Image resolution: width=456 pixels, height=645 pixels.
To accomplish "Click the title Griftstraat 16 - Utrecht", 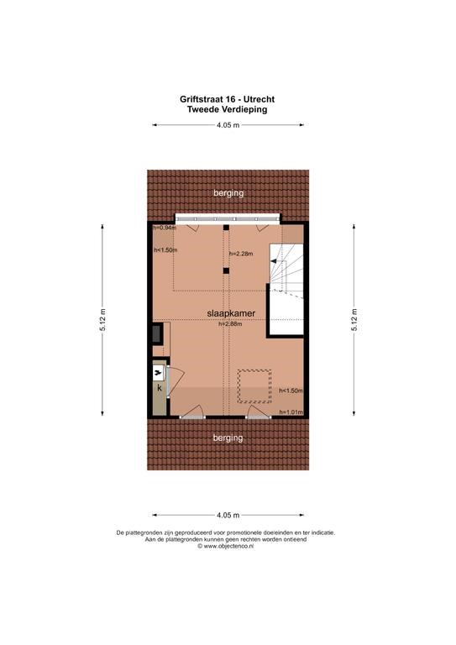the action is click(x=227, y=99).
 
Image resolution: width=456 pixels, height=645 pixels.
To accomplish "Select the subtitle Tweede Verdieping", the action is click(x=227, y=109).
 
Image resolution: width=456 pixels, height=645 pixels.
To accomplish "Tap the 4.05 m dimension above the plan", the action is click(x=228, y=125).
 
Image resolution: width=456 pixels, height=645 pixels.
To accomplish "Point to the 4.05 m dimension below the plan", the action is click(x=228, y=515).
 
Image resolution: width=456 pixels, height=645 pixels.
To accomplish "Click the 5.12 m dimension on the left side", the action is click(x=102, y=320).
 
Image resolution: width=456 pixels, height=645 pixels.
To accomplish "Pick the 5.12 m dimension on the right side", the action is click(x=354, y=320).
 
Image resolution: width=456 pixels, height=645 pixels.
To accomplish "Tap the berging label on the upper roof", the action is click(x=228, y=193).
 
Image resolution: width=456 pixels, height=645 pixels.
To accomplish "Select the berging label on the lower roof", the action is click(x=228, y=438).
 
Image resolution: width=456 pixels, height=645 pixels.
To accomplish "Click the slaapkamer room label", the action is click(x=231, y=313).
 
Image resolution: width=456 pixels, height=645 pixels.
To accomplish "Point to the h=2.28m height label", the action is click(x=241, y=254).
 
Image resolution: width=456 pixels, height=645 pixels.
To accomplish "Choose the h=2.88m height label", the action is click(x=230, y=323).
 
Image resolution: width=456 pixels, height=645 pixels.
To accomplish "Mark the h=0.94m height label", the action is click(x=165, y=228).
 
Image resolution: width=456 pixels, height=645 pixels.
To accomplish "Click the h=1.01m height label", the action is click(x=291, y=412).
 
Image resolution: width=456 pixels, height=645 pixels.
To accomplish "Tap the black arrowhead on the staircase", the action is click(x=274, y=261).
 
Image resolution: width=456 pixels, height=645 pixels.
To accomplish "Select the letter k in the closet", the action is click(x=160, y=387).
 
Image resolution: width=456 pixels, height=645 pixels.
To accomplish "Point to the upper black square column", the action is click(x=226, y=228).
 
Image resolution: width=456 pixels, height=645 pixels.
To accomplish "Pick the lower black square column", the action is click(x=226, y=270).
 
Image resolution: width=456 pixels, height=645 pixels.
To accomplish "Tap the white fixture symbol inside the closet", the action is click(x=158, y=374).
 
